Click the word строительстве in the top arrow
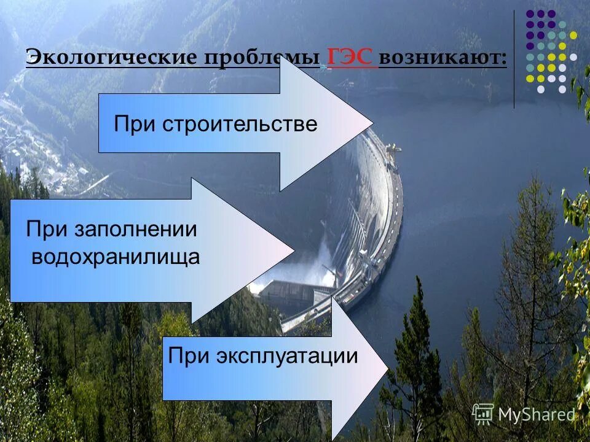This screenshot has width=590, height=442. point(240,125)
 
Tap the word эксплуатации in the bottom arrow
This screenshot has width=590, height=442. point(286,356)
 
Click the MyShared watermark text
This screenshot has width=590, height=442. point(536,415)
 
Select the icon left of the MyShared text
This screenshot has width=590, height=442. point(483,415)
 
